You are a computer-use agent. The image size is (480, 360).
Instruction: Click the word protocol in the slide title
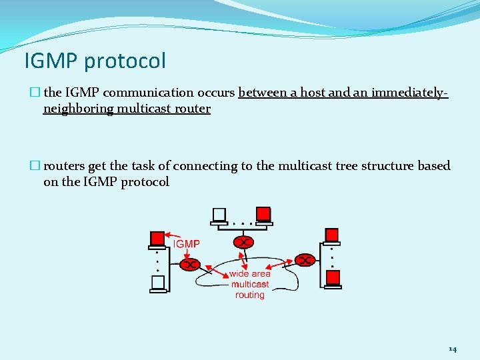point(125,62)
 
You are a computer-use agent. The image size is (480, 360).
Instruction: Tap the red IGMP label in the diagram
point(187,244)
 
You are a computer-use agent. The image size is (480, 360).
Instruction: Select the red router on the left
point(191,264)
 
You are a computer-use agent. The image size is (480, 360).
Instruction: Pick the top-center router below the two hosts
point(245,241)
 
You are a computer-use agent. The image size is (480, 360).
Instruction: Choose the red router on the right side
point(305,259)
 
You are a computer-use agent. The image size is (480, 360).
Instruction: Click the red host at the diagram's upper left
point(158,239)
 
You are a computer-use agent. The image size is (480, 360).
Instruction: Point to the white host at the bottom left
point(158,283)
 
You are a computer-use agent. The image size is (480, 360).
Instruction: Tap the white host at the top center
point(219,215)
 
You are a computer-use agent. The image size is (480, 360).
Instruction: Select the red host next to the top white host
point(263,215)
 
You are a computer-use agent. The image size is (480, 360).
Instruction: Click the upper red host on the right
point(332,235)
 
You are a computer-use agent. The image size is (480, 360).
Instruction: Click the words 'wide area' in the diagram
point(250,274)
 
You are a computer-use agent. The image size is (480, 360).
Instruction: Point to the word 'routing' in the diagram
point(250,295)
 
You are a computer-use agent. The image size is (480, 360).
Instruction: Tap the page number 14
point(453,349)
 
